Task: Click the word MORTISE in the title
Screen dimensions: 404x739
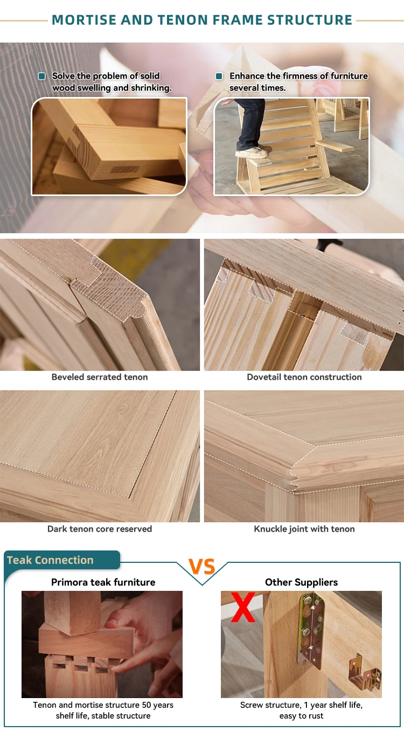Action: [84, 20]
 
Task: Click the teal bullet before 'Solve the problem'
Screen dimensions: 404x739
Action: [42, 76]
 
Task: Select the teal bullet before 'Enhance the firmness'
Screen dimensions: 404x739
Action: [219, 76]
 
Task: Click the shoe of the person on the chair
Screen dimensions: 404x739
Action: [253, 152]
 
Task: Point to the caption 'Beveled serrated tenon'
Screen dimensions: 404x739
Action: [100, 377]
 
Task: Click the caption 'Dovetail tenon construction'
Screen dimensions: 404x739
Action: [304, 377]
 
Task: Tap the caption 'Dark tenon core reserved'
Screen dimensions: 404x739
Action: [100, 529]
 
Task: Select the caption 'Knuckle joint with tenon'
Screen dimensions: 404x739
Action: [304, 529]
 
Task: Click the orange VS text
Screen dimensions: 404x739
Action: [202, 567]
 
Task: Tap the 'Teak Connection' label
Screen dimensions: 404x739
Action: [50, 560]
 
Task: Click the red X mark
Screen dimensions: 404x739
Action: [243, 607]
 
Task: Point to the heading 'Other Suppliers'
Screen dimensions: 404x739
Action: [301, 582]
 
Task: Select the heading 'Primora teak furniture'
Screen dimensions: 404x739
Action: [103, 582]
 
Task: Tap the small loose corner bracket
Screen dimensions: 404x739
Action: [365, 671]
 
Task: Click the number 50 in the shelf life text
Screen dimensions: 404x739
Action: [146, 705]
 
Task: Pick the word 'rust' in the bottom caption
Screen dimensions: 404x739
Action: [316, 716]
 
